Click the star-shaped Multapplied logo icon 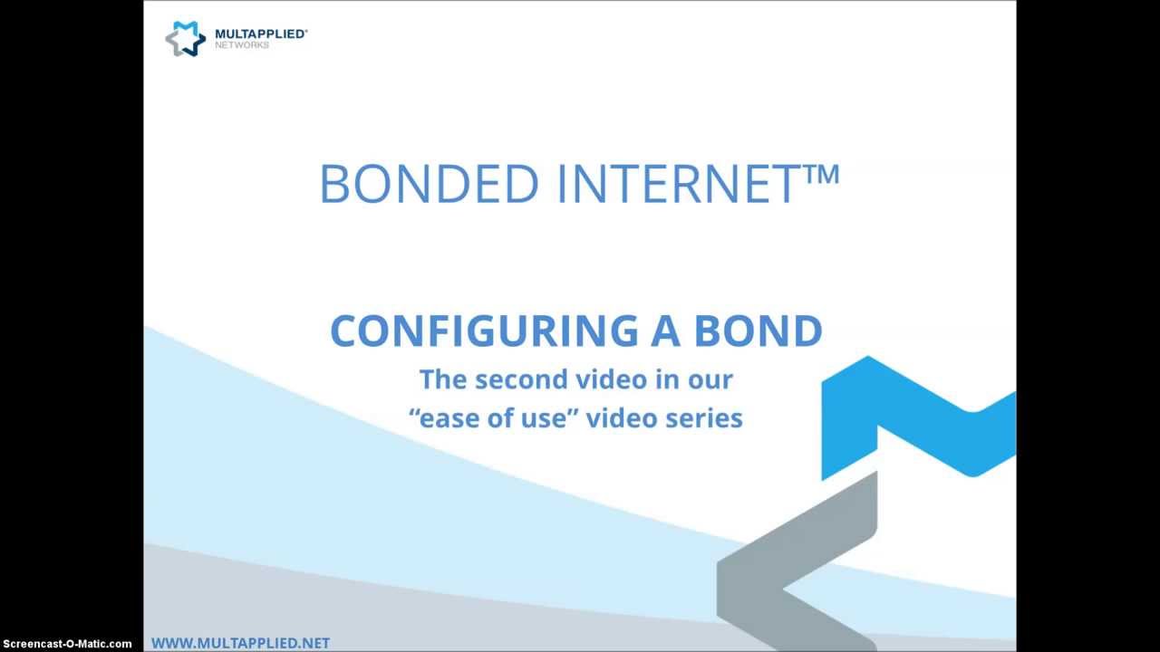(185, 38)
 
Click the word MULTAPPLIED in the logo (259, 34)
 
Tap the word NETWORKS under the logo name (242, 45)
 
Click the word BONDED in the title (429, 184)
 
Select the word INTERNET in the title (678, 184)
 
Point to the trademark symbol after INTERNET (823, 172)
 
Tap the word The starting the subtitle (443, 379)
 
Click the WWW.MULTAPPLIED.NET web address (240, 643)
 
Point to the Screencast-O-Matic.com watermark (66, 644)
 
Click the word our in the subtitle (711, 379)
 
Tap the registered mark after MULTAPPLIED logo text (305, 30)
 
